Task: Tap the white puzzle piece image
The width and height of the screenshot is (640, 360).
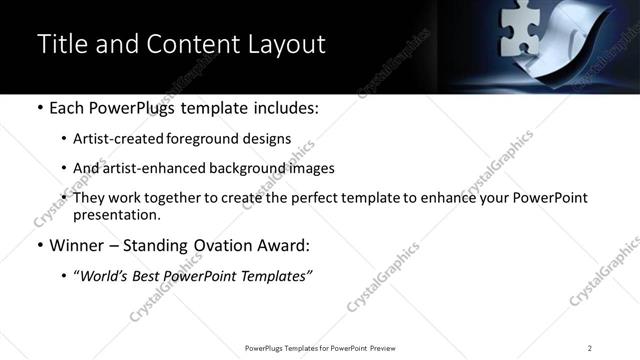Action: [518, 32]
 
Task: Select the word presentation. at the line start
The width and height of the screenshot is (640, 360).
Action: [116, 215]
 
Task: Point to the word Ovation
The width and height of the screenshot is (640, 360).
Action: [222, 245]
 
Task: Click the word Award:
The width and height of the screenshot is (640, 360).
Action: [289, 245]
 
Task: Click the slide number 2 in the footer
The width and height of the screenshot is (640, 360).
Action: [590, 348]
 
